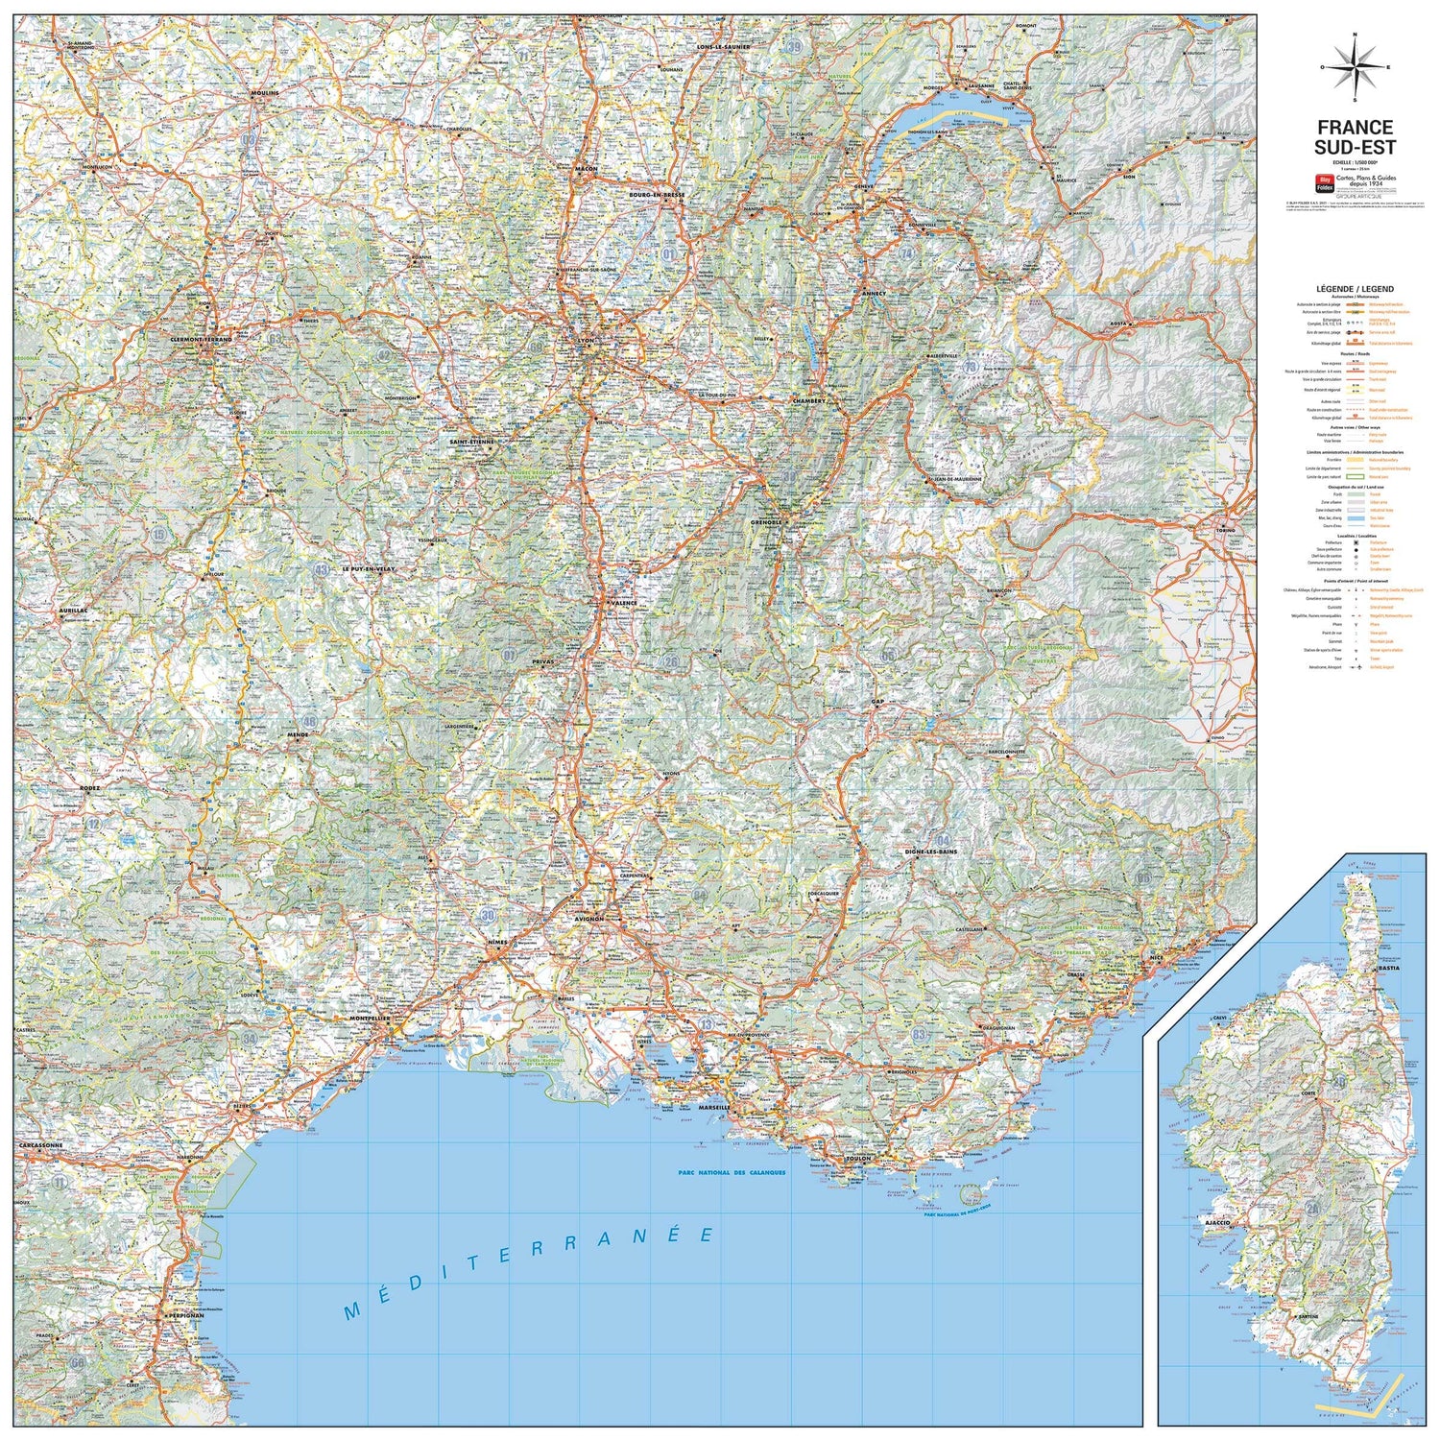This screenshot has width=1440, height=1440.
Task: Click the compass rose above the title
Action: (1355, 66)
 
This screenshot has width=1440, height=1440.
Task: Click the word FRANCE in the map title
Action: (1355, 128)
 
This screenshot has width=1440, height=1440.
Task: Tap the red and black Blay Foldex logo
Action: (1325, 180)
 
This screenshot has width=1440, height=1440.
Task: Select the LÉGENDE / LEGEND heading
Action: (1355, 289)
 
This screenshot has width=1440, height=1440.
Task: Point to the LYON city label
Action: (585, 339)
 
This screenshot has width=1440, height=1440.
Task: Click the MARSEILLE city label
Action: (715, 1107)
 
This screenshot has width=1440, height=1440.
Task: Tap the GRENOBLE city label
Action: (767, 522)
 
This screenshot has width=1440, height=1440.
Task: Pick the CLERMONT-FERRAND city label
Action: (202, 339)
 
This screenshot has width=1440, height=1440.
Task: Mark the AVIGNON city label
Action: (588, 919)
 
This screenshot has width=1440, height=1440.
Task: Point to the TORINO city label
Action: (1225, 530)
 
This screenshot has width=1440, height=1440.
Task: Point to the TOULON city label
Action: (857, 1159)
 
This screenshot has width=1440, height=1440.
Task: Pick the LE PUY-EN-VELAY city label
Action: (368, 569)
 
